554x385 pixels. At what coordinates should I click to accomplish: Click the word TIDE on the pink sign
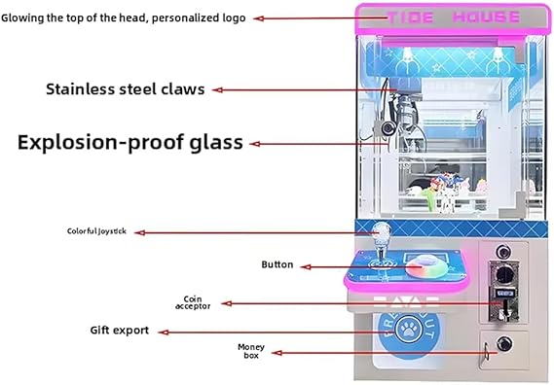(x=410, y=17)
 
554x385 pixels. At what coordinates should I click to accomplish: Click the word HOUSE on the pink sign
(x=486, y=17)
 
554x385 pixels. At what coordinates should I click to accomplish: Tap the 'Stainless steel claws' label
(x=126, y=89)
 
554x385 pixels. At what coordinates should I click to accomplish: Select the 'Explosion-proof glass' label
(x=130, y=142)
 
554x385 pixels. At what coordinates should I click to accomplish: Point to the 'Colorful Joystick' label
(x=96, y=231)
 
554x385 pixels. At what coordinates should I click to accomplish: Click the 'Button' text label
(x=277, y=264)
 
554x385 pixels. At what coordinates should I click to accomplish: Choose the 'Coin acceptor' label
(x=193, y=302)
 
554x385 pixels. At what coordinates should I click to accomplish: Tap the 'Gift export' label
(x=120, y=331)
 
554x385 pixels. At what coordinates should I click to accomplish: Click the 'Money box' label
(x=251, y=351)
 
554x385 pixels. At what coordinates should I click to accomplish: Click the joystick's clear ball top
(x=382, y=231)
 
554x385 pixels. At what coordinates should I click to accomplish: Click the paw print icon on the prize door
(x=409, y=330)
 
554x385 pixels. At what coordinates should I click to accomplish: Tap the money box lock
(x=504, y=344)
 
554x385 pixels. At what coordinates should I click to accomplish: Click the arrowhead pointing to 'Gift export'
(x=163, y=332)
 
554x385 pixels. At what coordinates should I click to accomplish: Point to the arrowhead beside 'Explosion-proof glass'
(x=255, y=144)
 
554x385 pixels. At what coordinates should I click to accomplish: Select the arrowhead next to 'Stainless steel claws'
(x=217, y=90)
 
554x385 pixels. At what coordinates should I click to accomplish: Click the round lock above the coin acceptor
(x=503, y=252)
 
